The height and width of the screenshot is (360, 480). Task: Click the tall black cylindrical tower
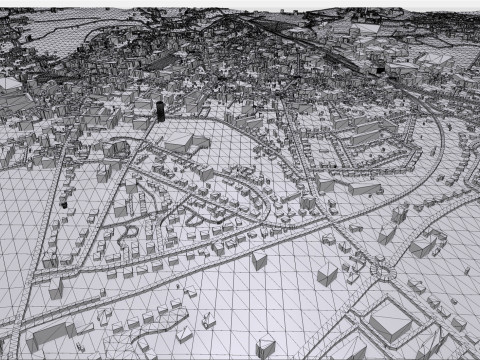pyautogui.click(x=160, y=108)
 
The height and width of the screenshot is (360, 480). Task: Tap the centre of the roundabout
pyautogui.click(x=381, y=267)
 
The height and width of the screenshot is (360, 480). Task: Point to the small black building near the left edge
pyautogui.click(x=64, y=200)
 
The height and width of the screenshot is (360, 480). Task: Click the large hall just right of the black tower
pyautogui.click(x=185, y=141)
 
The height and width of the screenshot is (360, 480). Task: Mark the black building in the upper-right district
pyautogui.click(x=379, y=68)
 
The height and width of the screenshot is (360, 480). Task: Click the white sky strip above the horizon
pyautogui.click(x=240, y=3)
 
